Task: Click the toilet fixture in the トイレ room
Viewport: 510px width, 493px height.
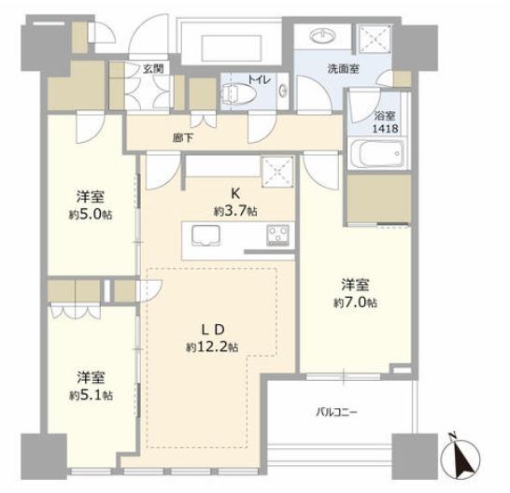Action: tap(239, 94)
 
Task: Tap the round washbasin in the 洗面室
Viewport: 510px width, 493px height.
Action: tap(323, 35)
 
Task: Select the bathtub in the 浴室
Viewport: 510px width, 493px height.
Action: tap(378, 153)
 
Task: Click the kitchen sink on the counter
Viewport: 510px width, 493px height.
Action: tap(205, 234)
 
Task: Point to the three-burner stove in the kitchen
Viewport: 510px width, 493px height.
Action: tap(277, 235)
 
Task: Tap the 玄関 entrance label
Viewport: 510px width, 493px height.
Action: tap(153, 69)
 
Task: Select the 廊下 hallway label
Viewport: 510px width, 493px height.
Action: tap(183, 138)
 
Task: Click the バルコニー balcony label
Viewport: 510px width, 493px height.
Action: tap(336, 413)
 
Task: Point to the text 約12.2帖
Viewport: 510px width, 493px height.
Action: tap(212, 347)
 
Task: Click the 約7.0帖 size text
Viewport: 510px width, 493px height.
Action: tap(355, 303)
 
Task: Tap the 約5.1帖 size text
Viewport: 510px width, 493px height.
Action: tap(91, 396)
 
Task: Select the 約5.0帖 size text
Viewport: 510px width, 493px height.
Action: tap(91, 215)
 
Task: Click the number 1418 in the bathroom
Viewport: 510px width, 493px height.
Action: tap(385, 129)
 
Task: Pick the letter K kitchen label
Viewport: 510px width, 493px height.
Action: tap(235, 193)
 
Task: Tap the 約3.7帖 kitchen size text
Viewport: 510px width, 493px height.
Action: tap(235, 212)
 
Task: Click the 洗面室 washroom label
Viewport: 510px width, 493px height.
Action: tap(343, 69)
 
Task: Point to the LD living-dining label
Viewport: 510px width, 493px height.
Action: tap(213, 330)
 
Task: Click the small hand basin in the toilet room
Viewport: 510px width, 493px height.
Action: tap(283, 91)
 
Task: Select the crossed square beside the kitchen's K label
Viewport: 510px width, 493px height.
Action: tap(277, 172)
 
